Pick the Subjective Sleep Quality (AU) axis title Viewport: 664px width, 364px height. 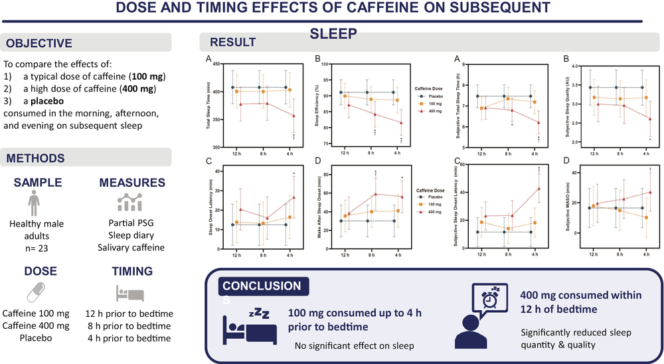[568, 105]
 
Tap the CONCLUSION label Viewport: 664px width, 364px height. [262, 286]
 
